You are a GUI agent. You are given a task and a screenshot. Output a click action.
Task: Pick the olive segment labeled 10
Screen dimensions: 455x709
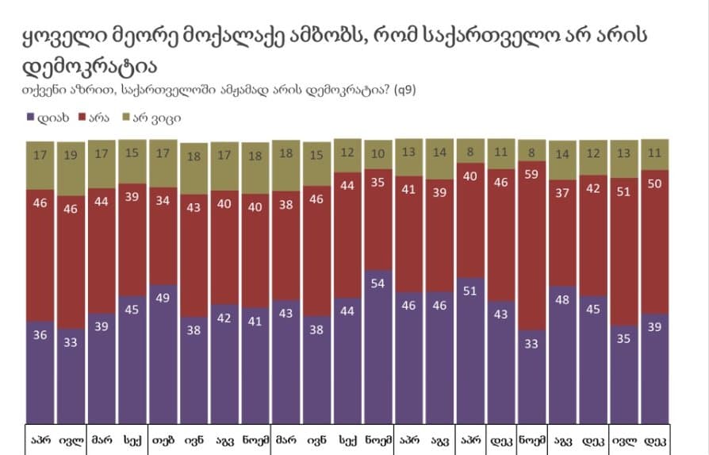378,154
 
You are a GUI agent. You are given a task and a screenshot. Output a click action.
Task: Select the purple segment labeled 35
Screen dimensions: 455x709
624,373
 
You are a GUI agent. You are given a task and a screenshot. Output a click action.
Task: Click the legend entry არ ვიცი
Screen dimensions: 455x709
155,117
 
